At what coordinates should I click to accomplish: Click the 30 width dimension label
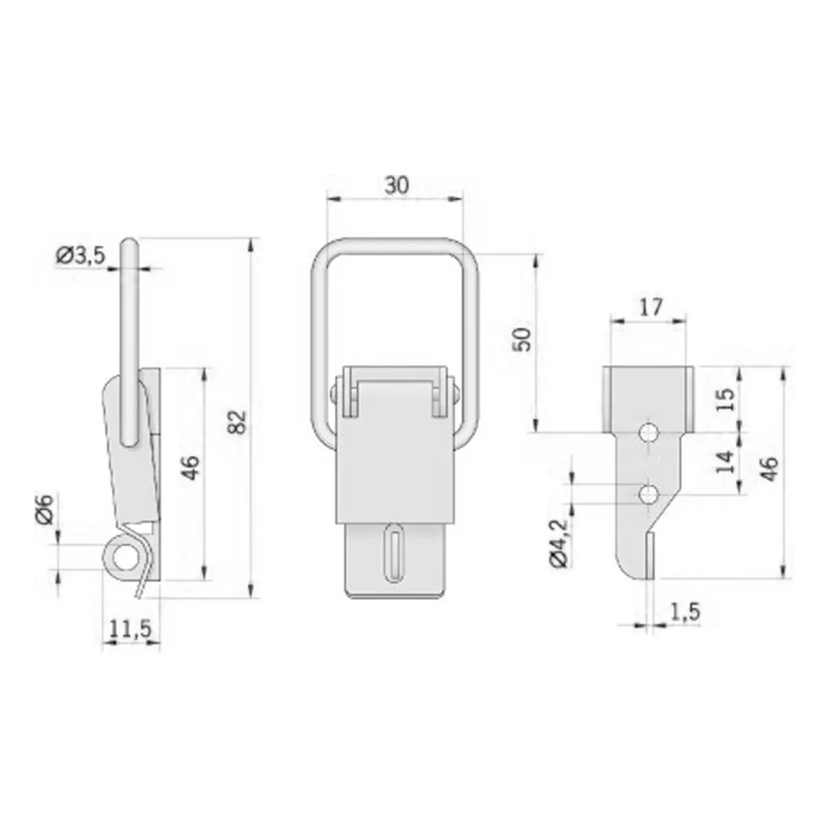tap(396, 186)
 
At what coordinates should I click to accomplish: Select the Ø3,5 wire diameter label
tap(80, 256)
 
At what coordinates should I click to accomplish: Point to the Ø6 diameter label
tap(45, 509)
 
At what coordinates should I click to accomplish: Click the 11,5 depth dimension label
tap(131, 629)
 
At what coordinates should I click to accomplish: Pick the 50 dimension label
tap(522, 340)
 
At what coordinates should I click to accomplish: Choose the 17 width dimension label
tap(651, 307)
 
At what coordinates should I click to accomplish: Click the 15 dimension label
tap(726, 399)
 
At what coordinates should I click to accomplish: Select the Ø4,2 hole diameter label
tap(560, 544)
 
